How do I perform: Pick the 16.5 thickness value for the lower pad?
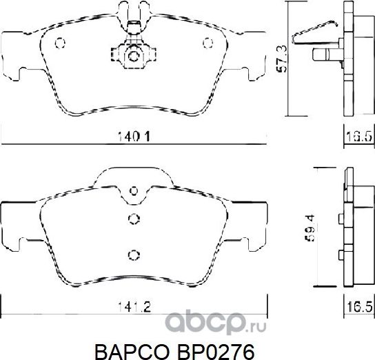coord(354,304)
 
